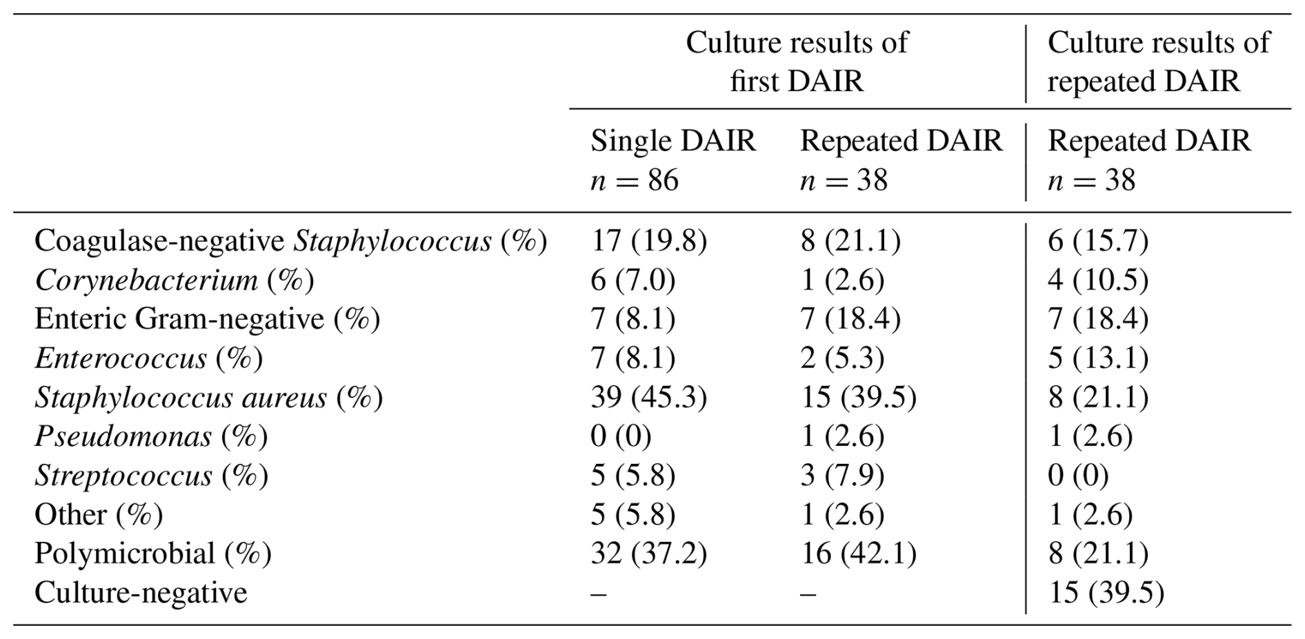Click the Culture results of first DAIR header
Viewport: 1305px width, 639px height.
point(797,62)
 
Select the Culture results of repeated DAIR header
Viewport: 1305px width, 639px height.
point(1158,62)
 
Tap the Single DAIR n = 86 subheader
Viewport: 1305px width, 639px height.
point(673,161)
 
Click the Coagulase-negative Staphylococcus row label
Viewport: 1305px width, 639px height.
point(290,241)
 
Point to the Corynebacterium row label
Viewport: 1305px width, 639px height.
point(174,280)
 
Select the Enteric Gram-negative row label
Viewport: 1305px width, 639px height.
point(207,319)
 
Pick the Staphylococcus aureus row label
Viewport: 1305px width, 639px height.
point(208,398)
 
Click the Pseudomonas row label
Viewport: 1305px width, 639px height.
point(151,436)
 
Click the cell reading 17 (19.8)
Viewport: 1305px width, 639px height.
point(648,241)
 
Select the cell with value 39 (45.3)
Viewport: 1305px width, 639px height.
point(648,398)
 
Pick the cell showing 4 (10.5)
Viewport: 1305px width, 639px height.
point(1097,280)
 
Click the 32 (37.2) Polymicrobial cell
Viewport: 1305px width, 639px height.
point(648,554)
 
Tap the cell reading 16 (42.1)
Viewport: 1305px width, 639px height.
point(858,554)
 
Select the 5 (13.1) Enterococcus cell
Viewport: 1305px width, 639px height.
point(1097,358)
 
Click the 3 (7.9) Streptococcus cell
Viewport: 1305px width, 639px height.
point(841,476)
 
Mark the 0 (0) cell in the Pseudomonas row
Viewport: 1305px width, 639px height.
point(621,436)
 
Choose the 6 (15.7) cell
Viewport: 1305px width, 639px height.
point(1097,241)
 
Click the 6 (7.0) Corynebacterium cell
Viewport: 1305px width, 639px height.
point(632,280)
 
